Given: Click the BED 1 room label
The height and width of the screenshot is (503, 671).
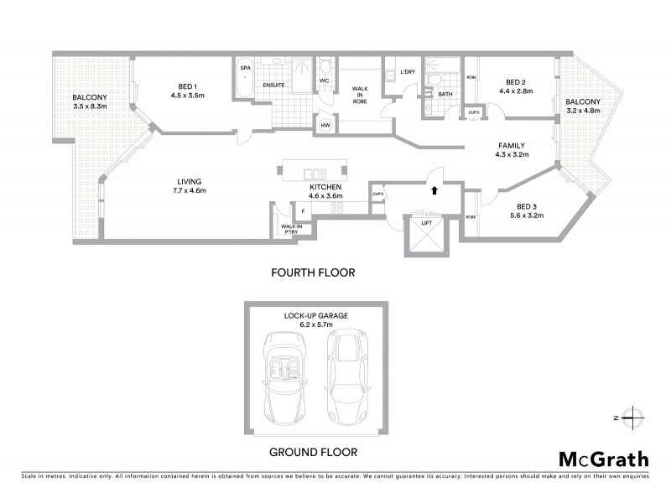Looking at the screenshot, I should [x=187, y=86].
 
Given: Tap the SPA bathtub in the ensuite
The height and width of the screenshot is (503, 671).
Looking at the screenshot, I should [x=246, y=82].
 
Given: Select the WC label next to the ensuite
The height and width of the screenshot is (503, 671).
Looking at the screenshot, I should [x=324, y=81].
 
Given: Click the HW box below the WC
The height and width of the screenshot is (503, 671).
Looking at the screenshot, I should [x=324, y=124].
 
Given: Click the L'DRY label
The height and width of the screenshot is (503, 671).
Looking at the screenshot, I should [x=408, y=72].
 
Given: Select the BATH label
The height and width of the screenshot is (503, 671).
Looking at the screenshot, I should [x=445, y=94].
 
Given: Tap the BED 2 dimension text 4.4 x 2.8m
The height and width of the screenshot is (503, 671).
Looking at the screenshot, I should [x=516, y=91].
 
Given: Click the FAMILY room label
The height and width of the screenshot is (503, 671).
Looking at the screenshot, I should [x=511, y=145].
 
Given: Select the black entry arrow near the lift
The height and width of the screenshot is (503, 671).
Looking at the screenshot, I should [x=434, y=191].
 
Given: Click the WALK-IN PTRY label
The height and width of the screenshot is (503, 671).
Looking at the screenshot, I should [x=291, y=230].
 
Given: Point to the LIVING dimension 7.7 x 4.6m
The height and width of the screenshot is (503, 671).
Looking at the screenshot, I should [x=189, y=190].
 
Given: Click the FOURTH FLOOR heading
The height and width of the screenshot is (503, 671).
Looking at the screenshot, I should [x=313, y=272].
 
